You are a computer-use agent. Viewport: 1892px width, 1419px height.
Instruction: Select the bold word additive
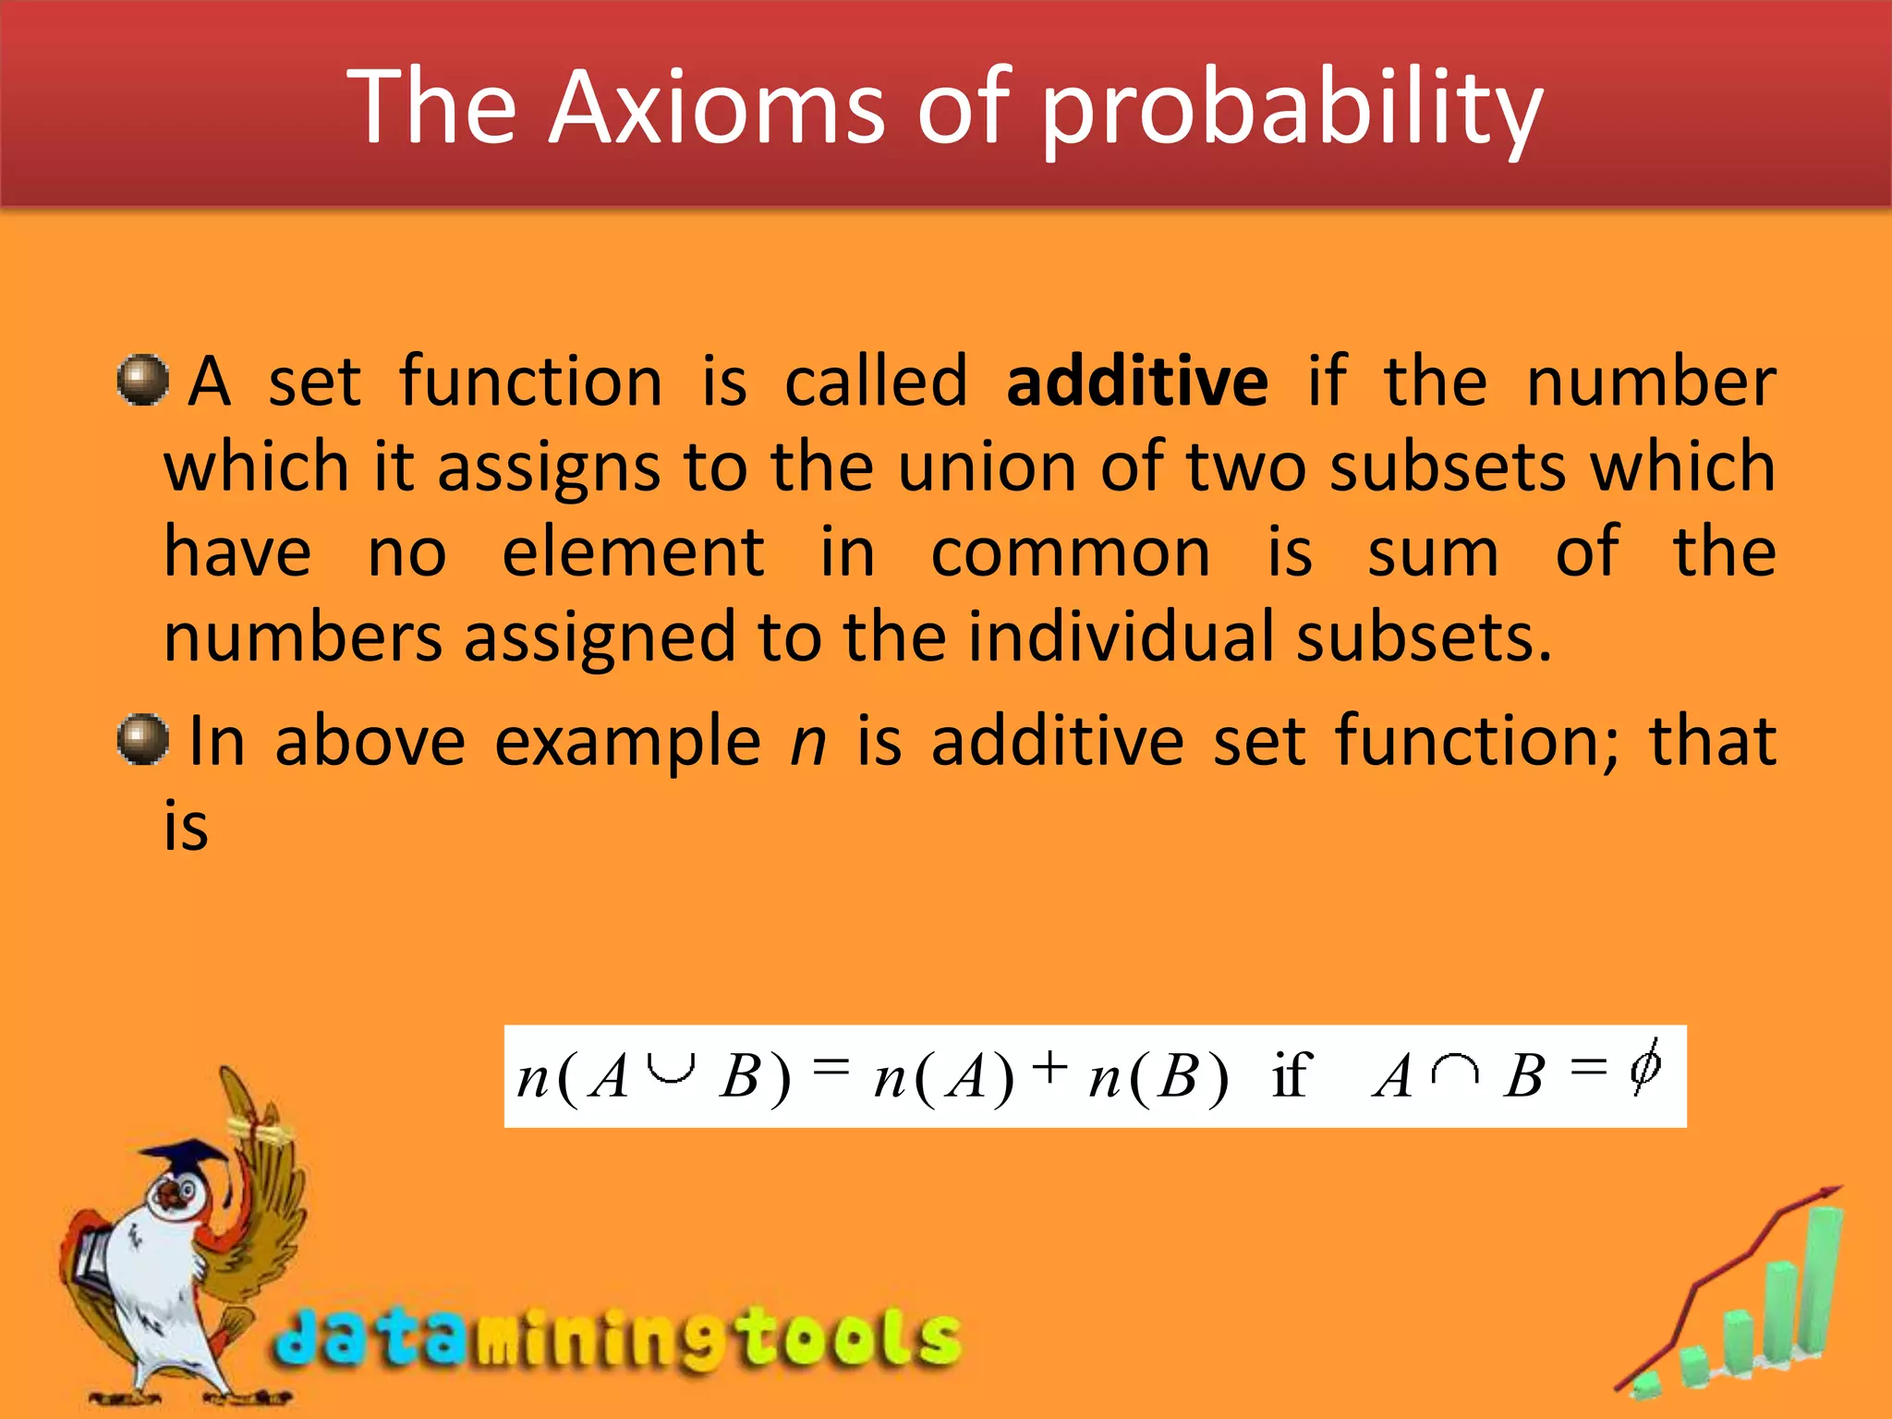pyautogui.click(x=1137, y=381)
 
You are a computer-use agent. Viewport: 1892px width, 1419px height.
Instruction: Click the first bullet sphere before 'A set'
pyautogui.click(x=143, y=380)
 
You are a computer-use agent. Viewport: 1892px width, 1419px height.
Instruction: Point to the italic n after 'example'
pyautogui.click(x=808, y=742)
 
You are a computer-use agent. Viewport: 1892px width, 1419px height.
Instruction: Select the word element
pyautogui.click(x=633, y=552)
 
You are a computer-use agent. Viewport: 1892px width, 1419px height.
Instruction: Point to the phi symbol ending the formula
pyautogui.click(x=1644, y=1067)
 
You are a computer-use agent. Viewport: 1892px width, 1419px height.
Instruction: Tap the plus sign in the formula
pyautogui.click(x=1050, y=1068)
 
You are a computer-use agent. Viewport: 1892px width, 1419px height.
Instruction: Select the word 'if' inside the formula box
pyautogui.click(x=1291, y=1075)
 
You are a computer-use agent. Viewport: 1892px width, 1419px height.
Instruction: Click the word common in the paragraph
pyautogui.click(x=1070, y=552)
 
